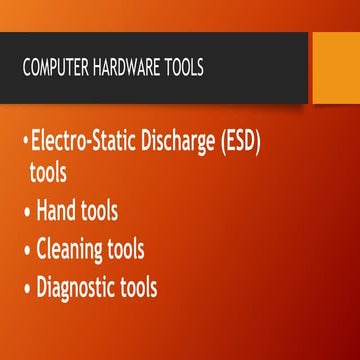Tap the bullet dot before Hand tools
[x=27, y=212]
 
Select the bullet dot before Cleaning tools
[x=27, y=251]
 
